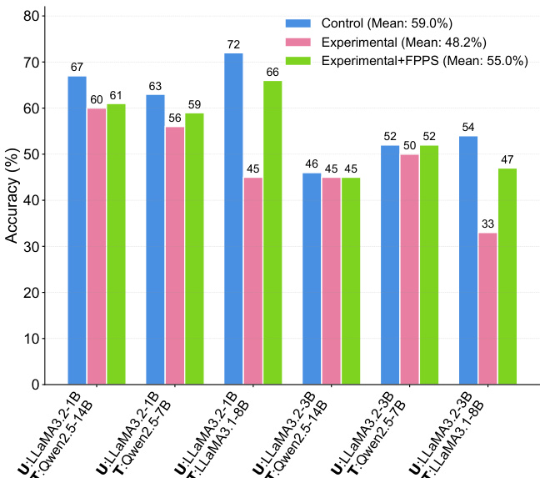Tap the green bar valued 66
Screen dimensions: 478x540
[x=272, y=233]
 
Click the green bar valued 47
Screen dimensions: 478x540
[x=507, y=276]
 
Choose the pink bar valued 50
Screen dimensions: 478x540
[x=410, y=269]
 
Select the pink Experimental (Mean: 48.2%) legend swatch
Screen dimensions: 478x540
[x=297, y=42]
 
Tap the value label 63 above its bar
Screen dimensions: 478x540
[x=155, y=87]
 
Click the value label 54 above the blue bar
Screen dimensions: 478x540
[x=468, y=128]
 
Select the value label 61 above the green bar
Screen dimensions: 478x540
[x=116, y=96]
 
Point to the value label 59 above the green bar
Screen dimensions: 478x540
[x=194, y=105]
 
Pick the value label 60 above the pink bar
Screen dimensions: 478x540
[x=97, y=100]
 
